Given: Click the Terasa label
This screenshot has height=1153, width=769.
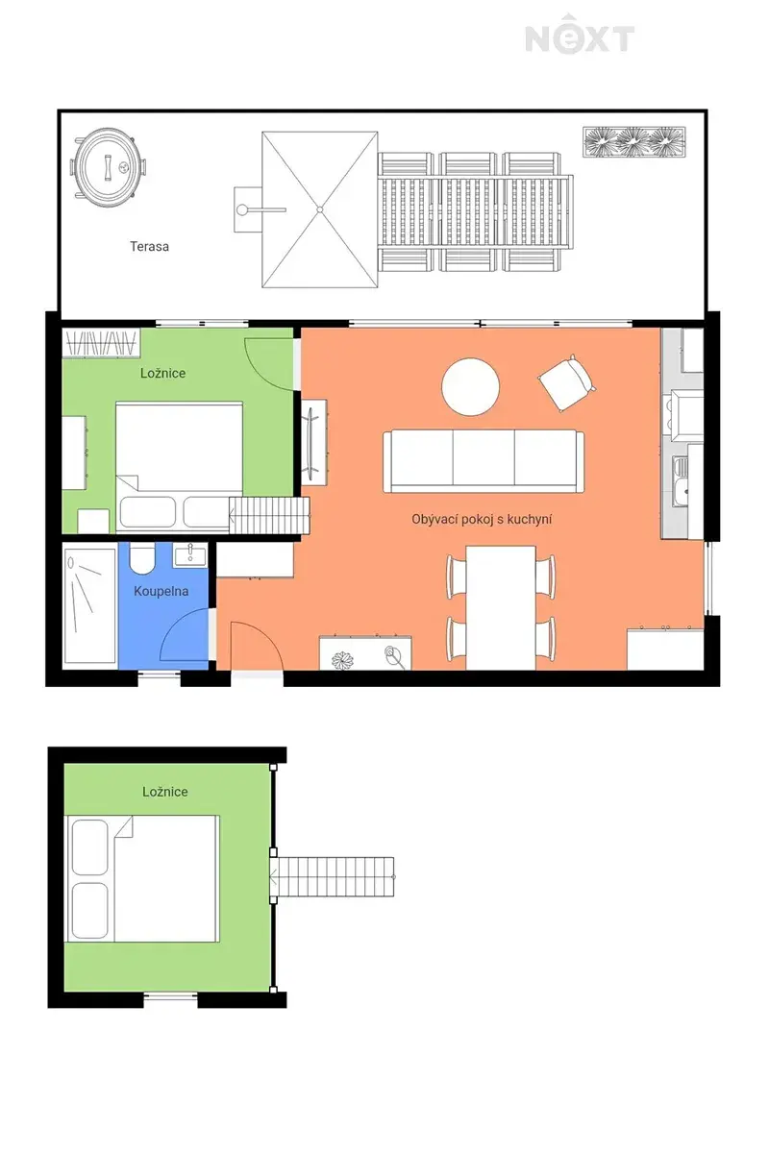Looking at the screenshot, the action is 149,247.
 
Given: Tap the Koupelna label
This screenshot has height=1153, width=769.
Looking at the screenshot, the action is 161,592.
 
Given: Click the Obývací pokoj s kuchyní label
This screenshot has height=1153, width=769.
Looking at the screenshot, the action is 481,520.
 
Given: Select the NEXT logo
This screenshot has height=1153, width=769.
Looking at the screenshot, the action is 580,34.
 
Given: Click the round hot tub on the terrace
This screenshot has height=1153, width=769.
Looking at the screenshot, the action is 109,167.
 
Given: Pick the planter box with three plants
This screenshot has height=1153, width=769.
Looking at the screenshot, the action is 634,141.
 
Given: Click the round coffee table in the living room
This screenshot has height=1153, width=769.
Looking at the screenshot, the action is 470,386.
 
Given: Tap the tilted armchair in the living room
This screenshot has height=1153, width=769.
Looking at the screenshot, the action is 567,383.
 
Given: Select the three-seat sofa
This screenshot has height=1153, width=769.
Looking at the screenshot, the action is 484,462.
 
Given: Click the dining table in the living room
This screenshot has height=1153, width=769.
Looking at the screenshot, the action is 501,608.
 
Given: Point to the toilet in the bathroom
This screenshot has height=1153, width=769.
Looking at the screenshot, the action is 142,559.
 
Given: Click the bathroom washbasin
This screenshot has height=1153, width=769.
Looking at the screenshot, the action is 190,555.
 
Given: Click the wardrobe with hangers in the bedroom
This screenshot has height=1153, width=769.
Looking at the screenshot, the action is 101,343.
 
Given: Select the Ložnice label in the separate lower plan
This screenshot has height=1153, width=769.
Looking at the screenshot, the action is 164,792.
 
